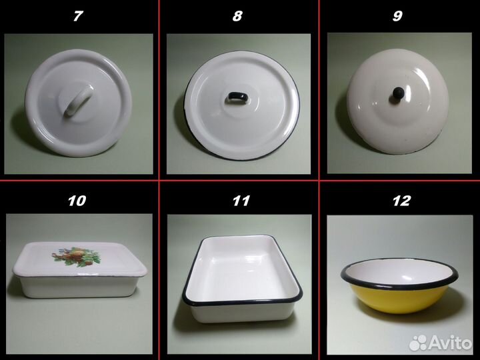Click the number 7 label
[79, 15]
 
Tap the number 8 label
[237, 15]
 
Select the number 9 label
[397, 15]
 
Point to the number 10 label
[77, 201]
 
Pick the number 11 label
[241, 201]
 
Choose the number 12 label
[401, 201]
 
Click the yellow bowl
[399, 286]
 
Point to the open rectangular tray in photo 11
[243, 278]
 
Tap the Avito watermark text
[450, 342]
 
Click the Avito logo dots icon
[418, 343]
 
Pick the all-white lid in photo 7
[79, 103]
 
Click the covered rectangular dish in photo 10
[79, 269]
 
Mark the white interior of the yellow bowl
[399, 271]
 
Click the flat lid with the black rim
[242, 105]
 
